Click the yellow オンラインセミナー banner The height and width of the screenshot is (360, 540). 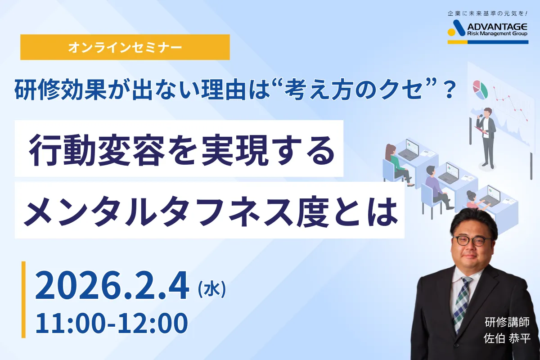tap(125, 47)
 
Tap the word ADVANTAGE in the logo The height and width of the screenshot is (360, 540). tap(497, 27)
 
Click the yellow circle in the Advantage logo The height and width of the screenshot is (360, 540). tap(451, 32)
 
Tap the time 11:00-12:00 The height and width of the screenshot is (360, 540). tap(112, 323)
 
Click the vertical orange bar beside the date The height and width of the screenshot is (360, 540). tap(23, 300)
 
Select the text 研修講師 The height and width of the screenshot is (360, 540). tap(507, 322)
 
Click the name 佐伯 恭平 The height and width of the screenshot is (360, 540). tap(507, 338)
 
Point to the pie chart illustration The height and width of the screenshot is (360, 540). tap(480, 90)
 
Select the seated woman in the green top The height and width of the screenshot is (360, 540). tap(397, 164)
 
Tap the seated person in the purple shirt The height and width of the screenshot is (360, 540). tap(437, 188)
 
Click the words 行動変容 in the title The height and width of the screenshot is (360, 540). tap(97, 151)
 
